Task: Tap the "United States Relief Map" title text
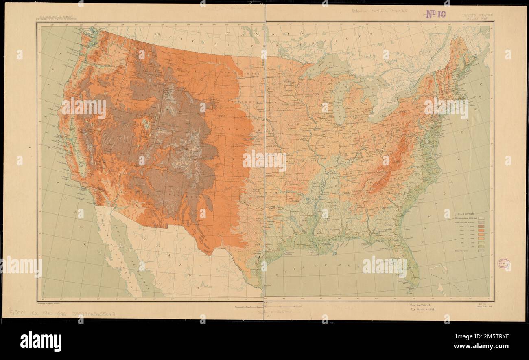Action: click(x=477, y=16)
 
